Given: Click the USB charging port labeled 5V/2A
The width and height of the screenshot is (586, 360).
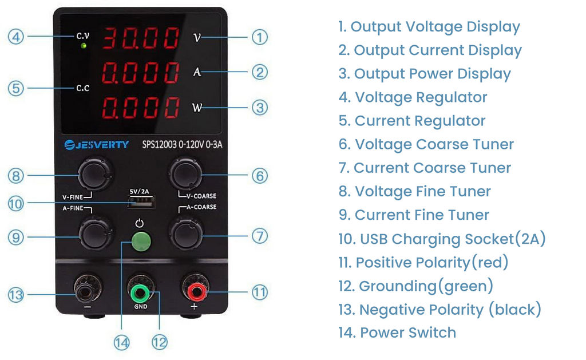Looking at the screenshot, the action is [x=141, y=202].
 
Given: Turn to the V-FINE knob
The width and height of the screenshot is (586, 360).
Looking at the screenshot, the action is [x=95, y=174].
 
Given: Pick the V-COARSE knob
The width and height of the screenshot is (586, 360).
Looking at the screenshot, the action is [x=186, y=174].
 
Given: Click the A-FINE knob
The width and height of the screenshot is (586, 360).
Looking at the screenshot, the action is [x=96, y=234].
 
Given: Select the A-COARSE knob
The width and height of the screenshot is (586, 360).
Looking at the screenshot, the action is [x=186, y=234].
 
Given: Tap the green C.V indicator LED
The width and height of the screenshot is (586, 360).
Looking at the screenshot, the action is [x=84, y=46].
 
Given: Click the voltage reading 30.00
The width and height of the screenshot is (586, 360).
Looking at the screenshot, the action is [x=141, y=38].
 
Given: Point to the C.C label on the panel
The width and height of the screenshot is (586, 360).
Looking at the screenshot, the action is [x=82, y=88].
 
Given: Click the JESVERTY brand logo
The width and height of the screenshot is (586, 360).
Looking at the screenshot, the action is [x=96, y=145].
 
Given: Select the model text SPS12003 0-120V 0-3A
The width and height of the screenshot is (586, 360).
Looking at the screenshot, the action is [x=182, y=144].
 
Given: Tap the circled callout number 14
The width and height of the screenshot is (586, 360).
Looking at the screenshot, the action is [x=121, y=343].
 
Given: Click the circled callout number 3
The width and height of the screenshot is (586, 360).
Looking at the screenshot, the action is [x=260, y=108].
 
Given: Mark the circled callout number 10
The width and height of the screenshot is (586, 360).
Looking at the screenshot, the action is [x=15, y=204].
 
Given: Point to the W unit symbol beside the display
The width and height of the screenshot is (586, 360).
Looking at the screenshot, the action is [x=197, y=108].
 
